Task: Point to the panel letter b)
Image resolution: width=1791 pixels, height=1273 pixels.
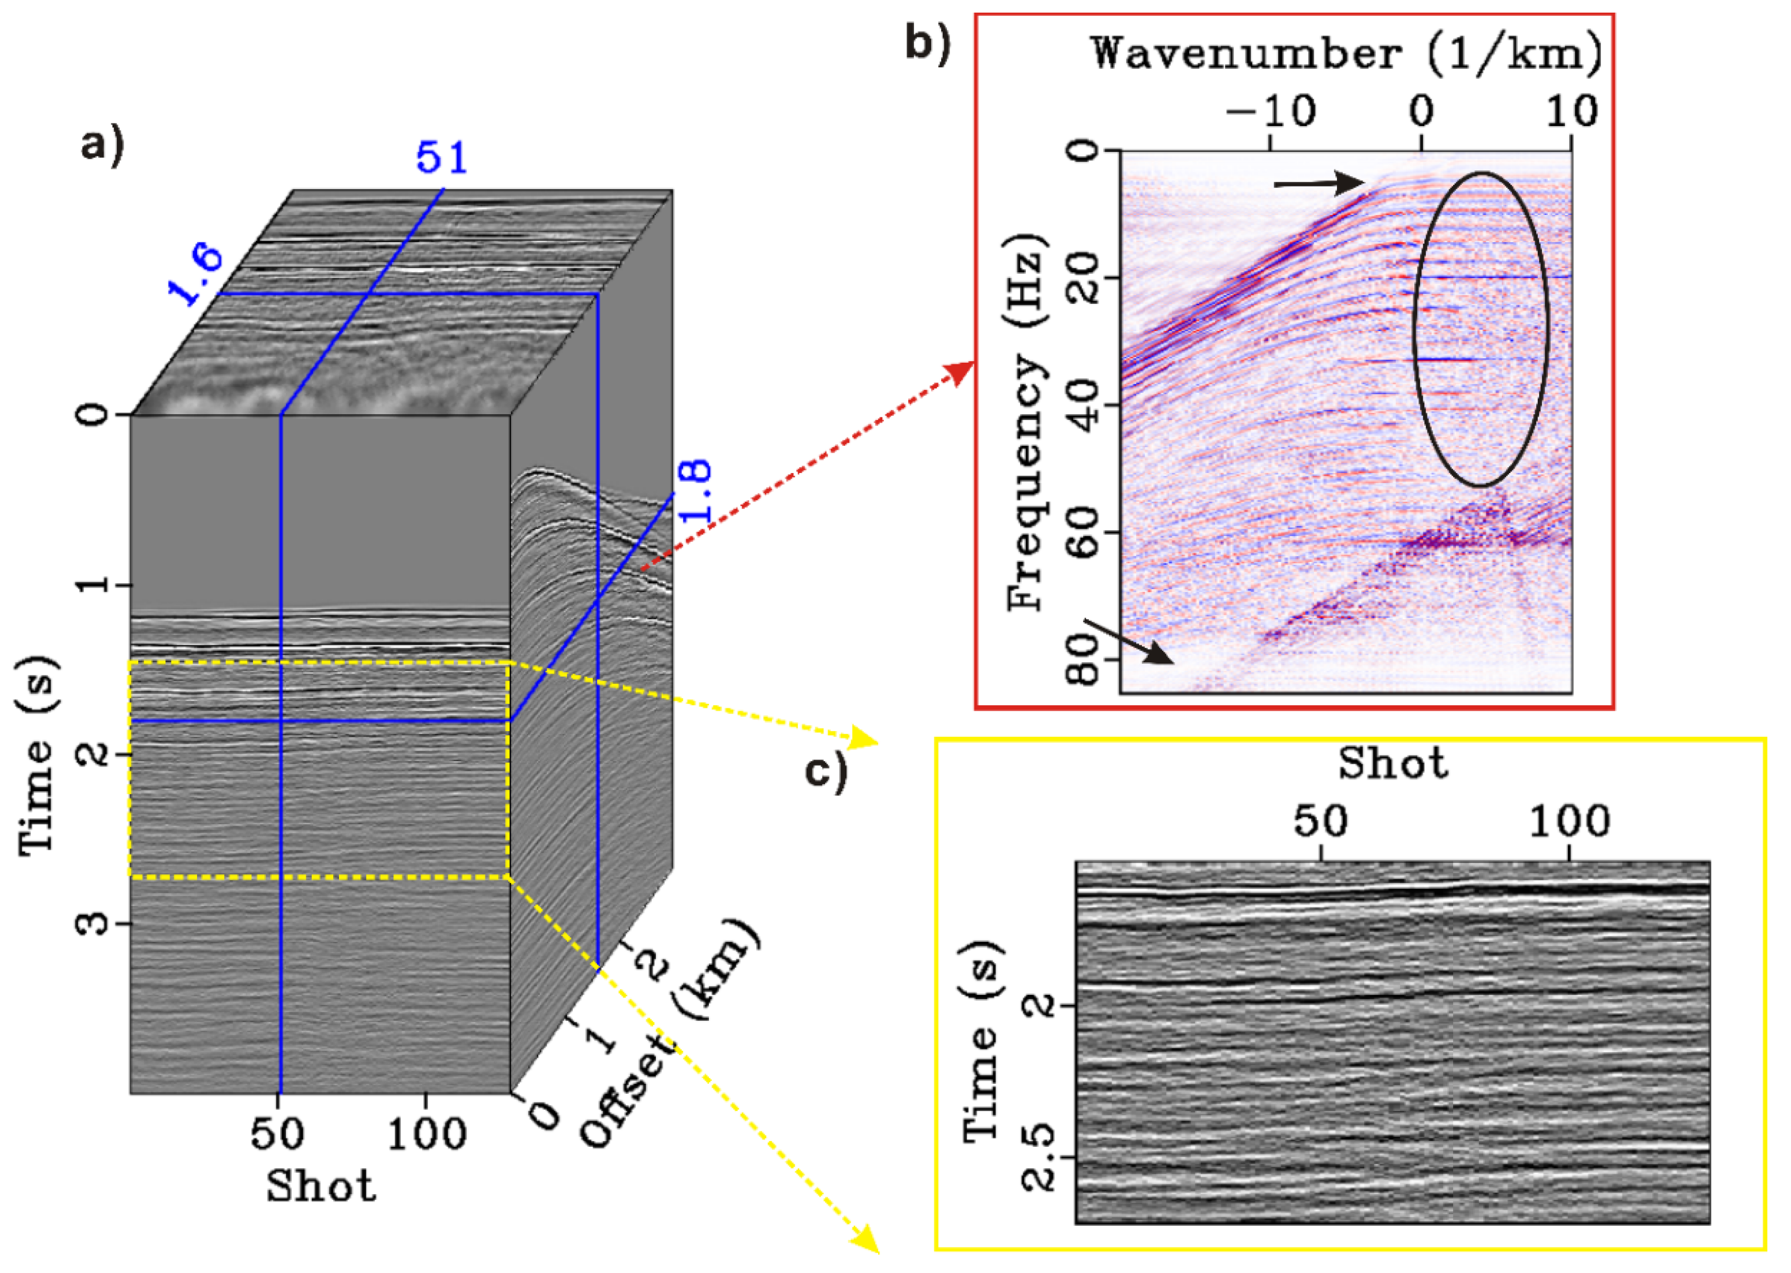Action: pyautogui.click(x=927, y=43)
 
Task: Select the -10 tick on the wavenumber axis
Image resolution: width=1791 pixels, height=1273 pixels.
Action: pyautogui.click(x=1271, y=111)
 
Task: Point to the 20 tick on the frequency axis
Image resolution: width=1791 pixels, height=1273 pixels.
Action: pyautogui.click(x=1085, y=278)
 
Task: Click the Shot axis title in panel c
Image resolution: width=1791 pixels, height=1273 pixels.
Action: pyautogui.click(x=1392, y=763)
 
